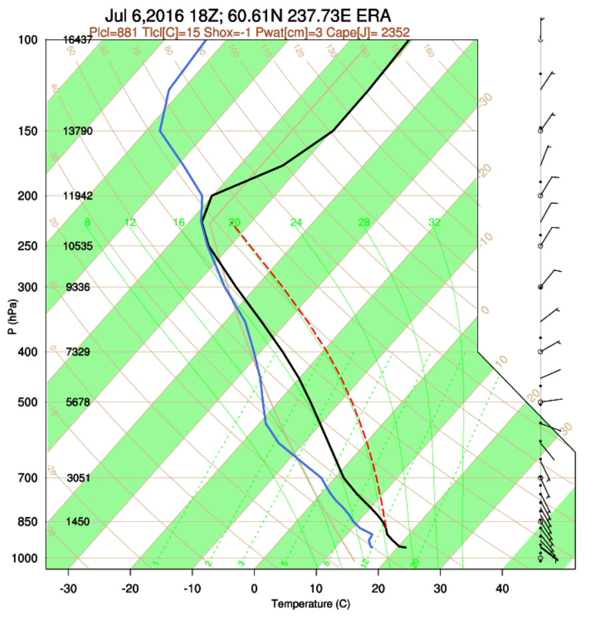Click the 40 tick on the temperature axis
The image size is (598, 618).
[x=502, y=588]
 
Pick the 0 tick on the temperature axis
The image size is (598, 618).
[x=254, y=588]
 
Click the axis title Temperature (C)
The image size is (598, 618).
[x=310, y=604]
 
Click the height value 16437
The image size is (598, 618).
[x=77, y=40]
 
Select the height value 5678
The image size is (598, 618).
[x=77, y=402]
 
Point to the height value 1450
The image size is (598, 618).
[x=77, y=522]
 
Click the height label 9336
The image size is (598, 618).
[x=77, y=287]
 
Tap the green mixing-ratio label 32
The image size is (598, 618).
[x=435, y=223]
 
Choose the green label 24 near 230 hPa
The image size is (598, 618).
[x=296, y=223]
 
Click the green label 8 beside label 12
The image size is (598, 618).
[x=87, y=223]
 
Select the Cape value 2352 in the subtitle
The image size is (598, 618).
[x=395, y=31]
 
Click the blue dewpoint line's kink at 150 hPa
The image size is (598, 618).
[x=160, y=131]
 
